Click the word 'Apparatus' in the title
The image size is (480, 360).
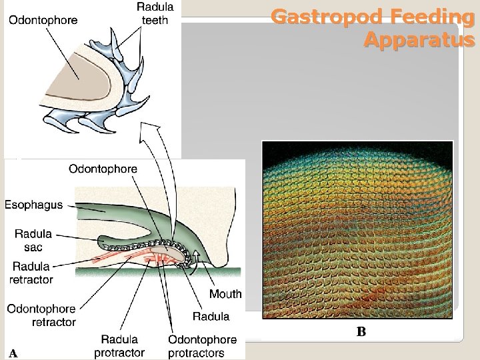pyautogui.click(x=419, y=40)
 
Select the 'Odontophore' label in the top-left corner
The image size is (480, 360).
pyautogui.click(x=43, y=20)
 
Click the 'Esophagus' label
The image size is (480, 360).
pyautogui.click(x=34, y=205)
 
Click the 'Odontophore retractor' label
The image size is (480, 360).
pyautogui.click(x=41, y=315)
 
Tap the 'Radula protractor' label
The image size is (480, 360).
pyautogui.click(x=120, y=346)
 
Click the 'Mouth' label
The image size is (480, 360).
pyautogui.click(x=225, y=294)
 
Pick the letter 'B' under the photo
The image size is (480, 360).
pyautogui.click(x=361, y=332)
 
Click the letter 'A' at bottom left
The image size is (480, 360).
pyautogui.click(x=13, y=353)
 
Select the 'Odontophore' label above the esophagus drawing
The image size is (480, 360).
pyautogui.click(x=103, y=169)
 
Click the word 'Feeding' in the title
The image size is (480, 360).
pyautogui.click(x=425, y=16)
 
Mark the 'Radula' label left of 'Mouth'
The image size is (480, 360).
pyautogui.click(x=211, y=316)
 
